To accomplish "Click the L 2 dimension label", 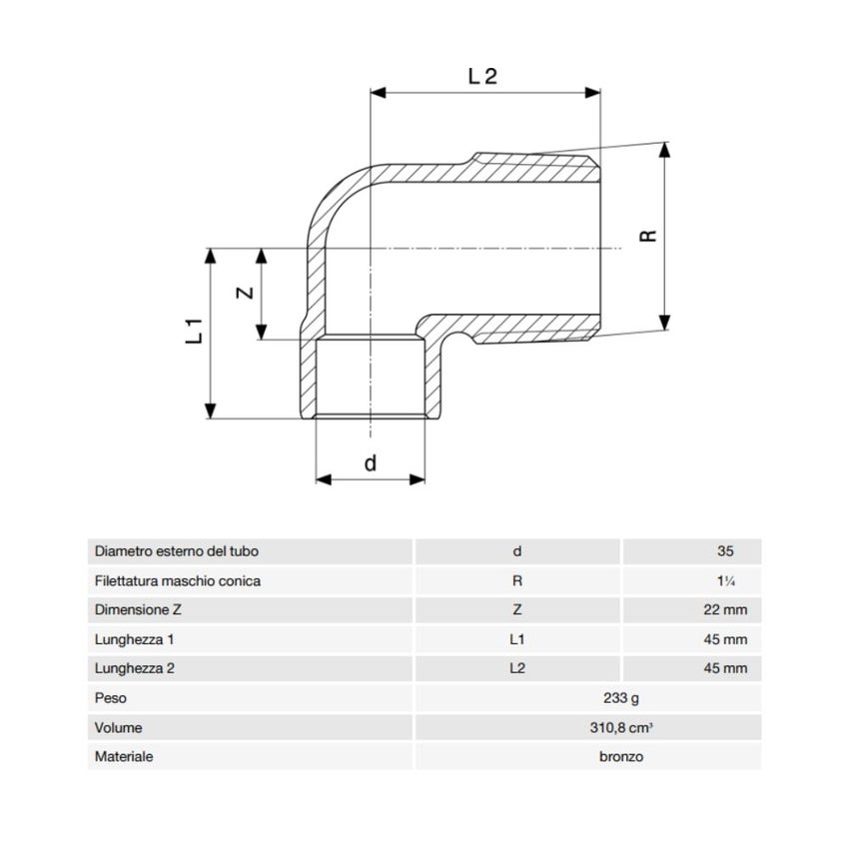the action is (482, 76).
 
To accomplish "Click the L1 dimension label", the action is (194, 331).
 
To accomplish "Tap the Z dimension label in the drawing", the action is (246, 293).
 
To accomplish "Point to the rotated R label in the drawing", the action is (648, 236).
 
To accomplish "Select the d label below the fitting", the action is (370, 462).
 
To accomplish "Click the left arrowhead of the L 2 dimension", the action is (378, 93).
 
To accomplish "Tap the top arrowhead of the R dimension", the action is (665, 150).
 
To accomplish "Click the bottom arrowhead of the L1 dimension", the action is (211, 411).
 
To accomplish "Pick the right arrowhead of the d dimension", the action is (418, 479).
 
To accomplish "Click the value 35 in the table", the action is (725, 551).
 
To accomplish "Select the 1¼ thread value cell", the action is (725, 581).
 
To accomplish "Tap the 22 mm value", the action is (725, 609).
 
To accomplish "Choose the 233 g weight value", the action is (621, 698).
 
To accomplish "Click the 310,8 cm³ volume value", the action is (621, 727).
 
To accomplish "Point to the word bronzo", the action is (621, 756).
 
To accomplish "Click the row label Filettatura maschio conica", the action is (178, 581).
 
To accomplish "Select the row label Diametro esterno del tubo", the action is (177, 551).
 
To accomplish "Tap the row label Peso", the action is (111, 698).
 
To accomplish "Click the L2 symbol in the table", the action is (517, 668).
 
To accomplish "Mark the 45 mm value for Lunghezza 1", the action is (725, 639).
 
